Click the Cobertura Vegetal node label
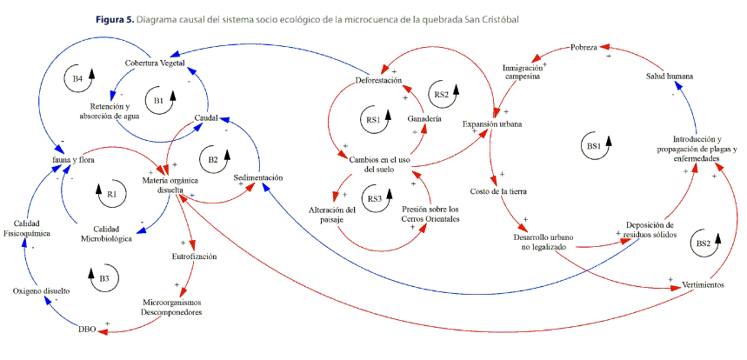pyautogui.click(x=155, y=63)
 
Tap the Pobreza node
pyautogui.click(x=584, y=47)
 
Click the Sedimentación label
pyautogui.click(x=259, y=177)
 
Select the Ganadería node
pyautogui.click(x=424, y=117)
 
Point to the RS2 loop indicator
pyautogui.click(x=443, y=93)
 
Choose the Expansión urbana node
pyautogui.click(x=492, y=125)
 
